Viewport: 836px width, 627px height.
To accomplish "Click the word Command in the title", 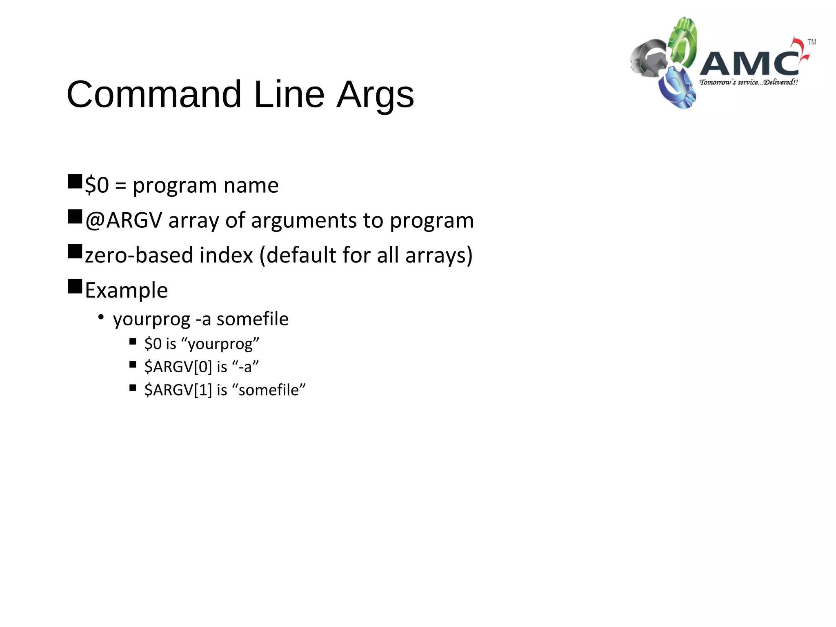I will coord(154,95).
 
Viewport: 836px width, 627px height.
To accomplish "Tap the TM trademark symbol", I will coord(812,42).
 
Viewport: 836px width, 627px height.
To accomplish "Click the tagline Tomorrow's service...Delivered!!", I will coord(748,82).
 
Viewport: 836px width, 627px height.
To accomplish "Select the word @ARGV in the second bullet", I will coord(124,220).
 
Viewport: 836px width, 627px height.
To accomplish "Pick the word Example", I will coord(126,290).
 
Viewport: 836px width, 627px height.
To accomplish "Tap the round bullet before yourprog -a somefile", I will coord(101,317).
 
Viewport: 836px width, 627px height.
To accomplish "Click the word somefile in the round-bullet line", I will coord(252,319).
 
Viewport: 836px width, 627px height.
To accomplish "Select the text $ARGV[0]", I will coord(178,367).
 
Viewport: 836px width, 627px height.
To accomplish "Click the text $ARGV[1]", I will coord(178,390).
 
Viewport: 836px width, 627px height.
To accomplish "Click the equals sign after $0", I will coord(121,186).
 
